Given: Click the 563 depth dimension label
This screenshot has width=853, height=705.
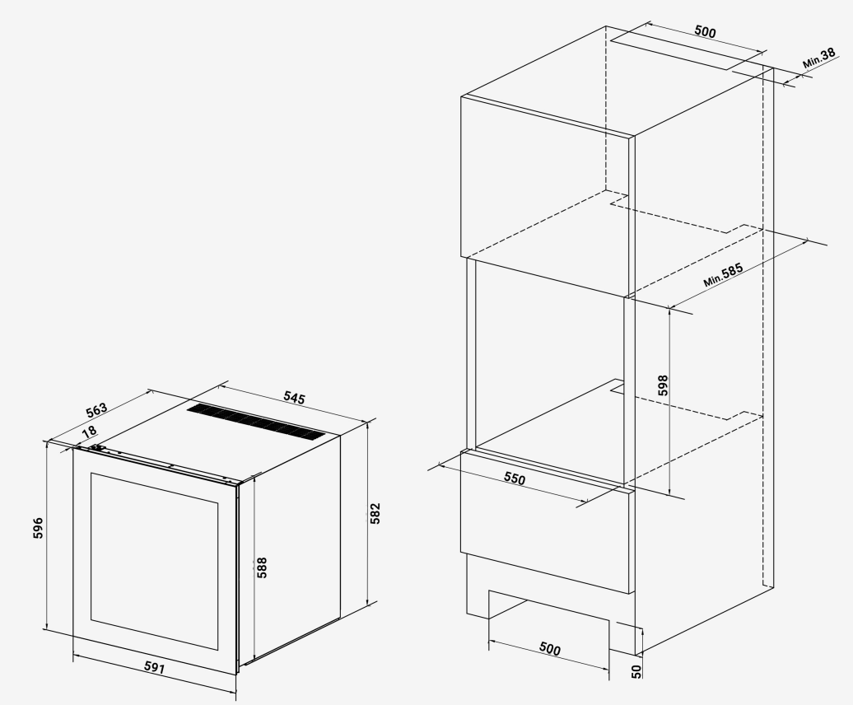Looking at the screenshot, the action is [x=97, y=409].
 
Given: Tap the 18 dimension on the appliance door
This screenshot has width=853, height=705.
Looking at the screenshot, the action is [x=89, y=432].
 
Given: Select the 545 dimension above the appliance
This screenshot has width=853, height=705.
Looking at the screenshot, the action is [x=294, y=397].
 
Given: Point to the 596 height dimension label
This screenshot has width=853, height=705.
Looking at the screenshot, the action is [x=38, y=528].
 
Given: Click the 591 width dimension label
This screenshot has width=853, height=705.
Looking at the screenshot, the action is [x=155, y=667].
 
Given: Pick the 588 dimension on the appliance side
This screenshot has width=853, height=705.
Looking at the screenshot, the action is [x=262, y=567].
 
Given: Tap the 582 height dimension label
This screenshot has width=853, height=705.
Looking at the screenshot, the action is [x=375, y=514].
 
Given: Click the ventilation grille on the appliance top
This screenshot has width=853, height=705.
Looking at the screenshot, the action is [x=256, y=423].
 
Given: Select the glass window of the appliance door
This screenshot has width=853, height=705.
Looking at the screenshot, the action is [x=155, y=561].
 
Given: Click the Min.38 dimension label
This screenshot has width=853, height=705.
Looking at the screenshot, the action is [x=819, y=58].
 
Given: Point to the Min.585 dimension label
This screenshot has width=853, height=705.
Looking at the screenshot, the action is [x=723, y=275].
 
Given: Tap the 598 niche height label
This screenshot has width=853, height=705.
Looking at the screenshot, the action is [x=663, y=385].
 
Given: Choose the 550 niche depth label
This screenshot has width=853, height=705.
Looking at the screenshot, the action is [x=515, y=479].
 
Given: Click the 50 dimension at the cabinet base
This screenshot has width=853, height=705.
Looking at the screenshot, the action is [x=636, y=671].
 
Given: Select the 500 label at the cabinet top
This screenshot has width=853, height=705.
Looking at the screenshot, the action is [x=705, y=31].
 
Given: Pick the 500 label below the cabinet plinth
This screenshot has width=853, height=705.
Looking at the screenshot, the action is [x=549, y=648].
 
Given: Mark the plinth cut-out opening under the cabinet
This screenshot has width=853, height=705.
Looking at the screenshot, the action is [x=549, y=620].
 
